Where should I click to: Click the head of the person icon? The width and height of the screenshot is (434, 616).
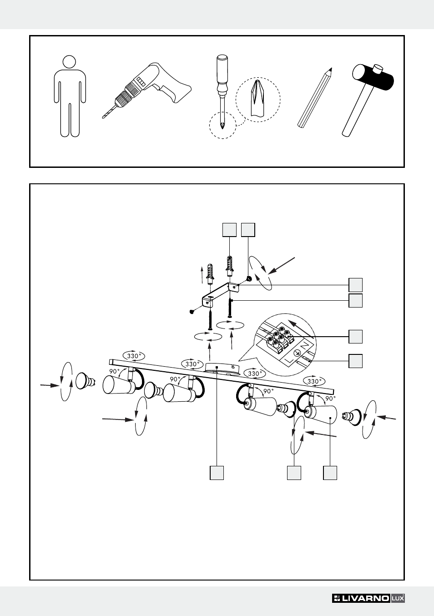click(69, 62)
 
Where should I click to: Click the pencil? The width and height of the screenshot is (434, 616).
click(315, 98)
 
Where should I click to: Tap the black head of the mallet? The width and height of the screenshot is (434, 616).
click(373, 77)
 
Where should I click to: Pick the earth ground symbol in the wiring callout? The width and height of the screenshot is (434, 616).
click(297, 353)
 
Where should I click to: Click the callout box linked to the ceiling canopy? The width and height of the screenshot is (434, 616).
click(217, 473)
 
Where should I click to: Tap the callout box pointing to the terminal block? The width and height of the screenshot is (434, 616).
click(355, 337)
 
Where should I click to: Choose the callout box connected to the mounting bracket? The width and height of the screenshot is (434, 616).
click(355, 285)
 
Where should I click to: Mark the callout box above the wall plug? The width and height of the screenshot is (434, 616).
click(229, 230)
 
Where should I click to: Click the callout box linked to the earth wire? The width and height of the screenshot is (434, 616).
click(355, 361)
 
